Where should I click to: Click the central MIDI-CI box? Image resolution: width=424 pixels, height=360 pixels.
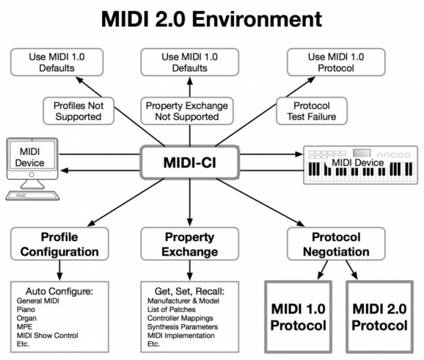[x=190, y=163]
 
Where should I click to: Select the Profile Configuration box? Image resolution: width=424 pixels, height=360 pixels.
[x=59, y=244]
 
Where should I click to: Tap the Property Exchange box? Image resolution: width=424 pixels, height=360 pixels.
[x=190, y=244]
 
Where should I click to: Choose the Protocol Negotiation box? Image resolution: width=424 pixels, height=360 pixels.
[x=336, y=244]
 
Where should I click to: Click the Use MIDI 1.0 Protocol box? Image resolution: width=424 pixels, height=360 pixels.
[x=336, y=62]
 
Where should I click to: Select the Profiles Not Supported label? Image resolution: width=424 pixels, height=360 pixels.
[x=79, y=111]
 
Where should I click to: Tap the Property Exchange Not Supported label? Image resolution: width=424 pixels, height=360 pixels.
[x=187, y=111]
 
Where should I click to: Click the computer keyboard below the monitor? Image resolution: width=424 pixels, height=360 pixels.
[x=33, y=195]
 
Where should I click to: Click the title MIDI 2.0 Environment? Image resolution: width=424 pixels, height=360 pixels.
[x=211, y=19]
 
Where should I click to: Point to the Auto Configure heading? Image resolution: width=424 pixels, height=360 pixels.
[x=59, y=290]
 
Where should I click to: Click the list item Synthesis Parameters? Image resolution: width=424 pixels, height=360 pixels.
[x=182, y=327]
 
